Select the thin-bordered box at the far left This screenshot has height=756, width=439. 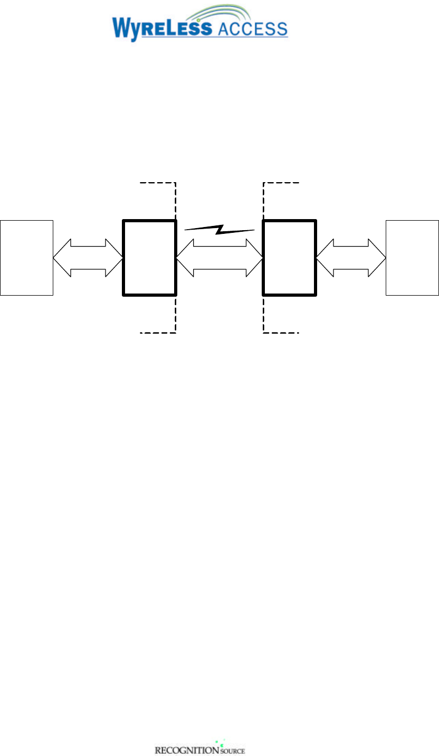(x=27, y=257)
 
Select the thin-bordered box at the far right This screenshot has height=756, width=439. (x=412, y=257)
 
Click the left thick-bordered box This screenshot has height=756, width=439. (x=149, y=257)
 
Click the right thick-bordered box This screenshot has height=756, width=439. (x=289, y=257)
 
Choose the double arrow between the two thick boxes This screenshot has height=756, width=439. (x=219, y=257)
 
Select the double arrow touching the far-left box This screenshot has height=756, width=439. (x=88, y=257)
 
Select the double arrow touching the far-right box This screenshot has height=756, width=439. (x=351, y=257)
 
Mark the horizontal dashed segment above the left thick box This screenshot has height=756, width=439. (x=157, y=183)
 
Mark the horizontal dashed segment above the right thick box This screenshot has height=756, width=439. (x=281, y=183)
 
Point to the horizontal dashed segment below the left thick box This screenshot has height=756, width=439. (x=157, y=333)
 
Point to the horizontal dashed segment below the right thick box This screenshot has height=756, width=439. (x=281, y=333)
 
